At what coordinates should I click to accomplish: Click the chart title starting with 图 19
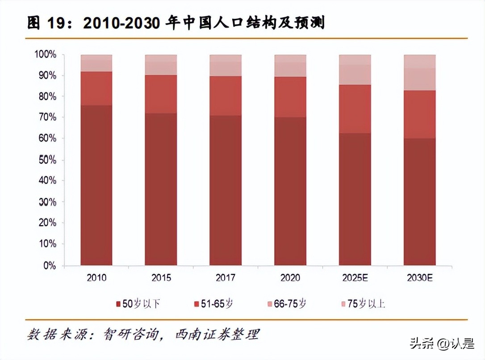[176, 22]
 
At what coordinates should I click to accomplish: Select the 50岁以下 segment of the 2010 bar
[96, 185]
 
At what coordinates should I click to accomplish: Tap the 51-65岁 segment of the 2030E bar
[419, 114]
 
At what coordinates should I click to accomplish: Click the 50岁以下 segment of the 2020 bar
[290, 191]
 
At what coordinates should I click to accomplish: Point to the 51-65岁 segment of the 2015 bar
[161, 94]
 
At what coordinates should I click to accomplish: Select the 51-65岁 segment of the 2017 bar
[226, 96]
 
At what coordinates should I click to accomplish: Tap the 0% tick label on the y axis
[49, 265]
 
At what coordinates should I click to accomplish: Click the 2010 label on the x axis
[96, 278]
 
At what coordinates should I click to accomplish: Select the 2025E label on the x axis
[355, 278]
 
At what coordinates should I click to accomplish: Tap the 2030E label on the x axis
[420, 278]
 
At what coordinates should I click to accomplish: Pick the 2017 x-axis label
[226, 278]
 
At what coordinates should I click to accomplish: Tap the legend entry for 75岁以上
[362, 304]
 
